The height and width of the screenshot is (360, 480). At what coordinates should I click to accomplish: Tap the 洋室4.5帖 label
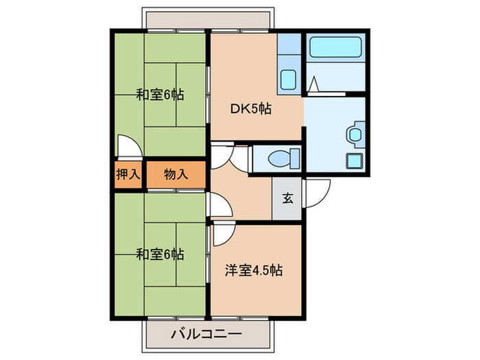pyautogui.click(x=253, y=269)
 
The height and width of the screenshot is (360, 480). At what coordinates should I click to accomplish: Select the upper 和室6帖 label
pyautogui.click(x=159, y=95)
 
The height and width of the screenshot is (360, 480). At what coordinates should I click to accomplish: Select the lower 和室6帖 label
pyautogui.click(x=159, y=254)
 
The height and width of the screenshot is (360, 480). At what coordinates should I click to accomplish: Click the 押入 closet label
pyautogui.click(x=128, y=175)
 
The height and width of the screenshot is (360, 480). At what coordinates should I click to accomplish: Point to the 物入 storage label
pyautogui.click(x=176, y=175)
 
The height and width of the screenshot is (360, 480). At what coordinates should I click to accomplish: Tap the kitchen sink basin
pyautogui.click(x=288, y=79)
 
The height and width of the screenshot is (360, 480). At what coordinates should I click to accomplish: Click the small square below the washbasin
pyautogui.click(x=355, y=162)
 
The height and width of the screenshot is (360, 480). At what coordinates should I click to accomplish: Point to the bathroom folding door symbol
pyautogui.click(x=314, y=85)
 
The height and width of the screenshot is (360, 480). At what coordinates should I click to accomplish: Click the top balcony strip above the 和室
pyautogui.click(x=206, y=19)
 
